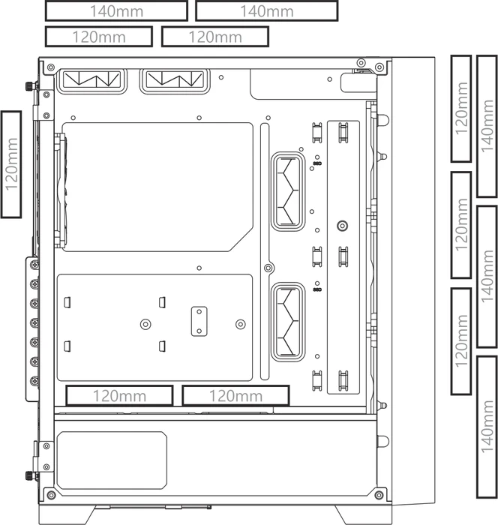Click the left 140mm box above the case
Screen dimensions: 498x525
point(116,11)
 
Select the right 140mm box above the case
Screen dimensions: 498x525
point(266,11)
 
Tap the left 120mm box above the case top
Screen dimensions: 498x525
point(99,37)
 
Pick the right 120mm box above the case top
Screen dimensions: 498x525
point(215,37)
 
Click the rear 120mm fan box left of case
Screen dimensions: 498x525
point(11,164)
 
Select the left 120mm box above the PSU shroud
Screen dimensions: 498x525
point(119,396)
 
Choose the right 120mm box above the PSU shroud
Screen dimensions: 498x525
point(235,396)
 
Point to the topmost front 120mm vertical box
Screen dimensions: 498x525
point(461,109)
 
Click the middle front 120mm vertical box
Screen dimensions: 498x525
point(461,225)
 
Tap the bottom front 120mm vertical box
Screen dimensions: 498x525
point(461,341)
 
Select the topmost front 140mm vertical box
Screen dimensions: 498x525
point(487,126)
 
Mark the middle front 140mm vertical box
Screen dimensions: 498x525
point(487,277)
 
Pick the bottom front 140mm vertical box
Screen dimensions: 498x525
point(487,427)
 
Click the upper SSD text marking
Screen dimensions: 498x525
point(317,163)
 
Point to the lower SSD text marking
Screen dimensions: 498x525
point(317,289)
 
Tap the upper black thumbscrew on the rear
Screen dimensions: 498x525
point(30,86)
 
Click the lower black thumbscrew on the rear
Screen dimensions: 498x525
point(30,475)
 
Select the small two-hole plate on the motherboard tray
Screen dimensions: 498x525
point(199,321)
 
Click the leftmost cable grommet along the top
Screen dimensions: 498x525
point(92,80)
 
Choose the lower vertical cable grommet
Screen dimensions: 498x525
point(288,322)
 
